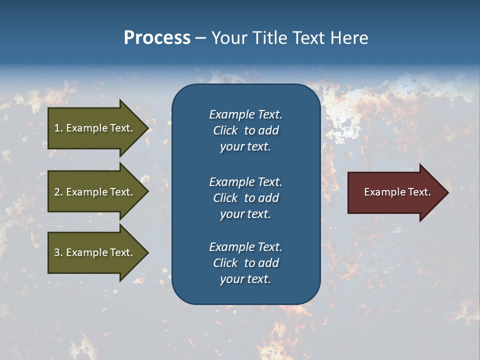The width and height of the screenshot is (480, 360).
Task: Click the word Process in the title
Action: (x=157, y=38)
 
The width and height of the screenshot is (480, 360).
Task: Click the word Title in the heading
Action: (x=268, y=38)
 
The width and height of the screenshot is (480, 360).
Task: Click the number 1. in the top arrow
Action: (x=58, y=128)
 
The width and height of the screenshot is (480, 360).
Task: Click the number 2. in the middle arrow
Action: (x=58, y=192)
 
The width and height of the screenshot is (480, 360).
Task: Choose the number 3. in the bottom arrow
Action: (x=58, y=252)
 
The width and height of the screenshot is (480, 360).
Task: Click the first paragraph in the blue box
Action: (x=245, y=130)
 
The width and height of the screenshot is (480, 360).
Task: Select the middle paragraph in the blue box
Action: (x=245, y=198)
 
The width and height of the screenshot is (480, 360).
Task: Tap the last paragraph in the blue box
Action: (x=245, y=263)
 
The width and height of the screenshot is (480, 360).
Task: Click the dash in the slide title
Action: (x=200, y=38)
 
